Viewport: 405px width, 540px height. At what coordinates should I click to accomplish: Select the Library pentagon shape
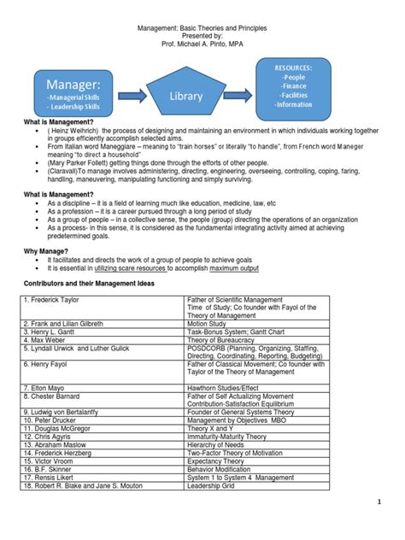(x=185, y=96)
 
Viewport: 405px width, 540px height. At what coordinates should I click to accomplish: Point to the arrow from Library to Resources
(x=239, y=96)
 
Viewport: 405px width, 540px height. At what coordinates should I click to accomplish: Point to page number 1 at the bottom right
(x=388, y=525)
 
